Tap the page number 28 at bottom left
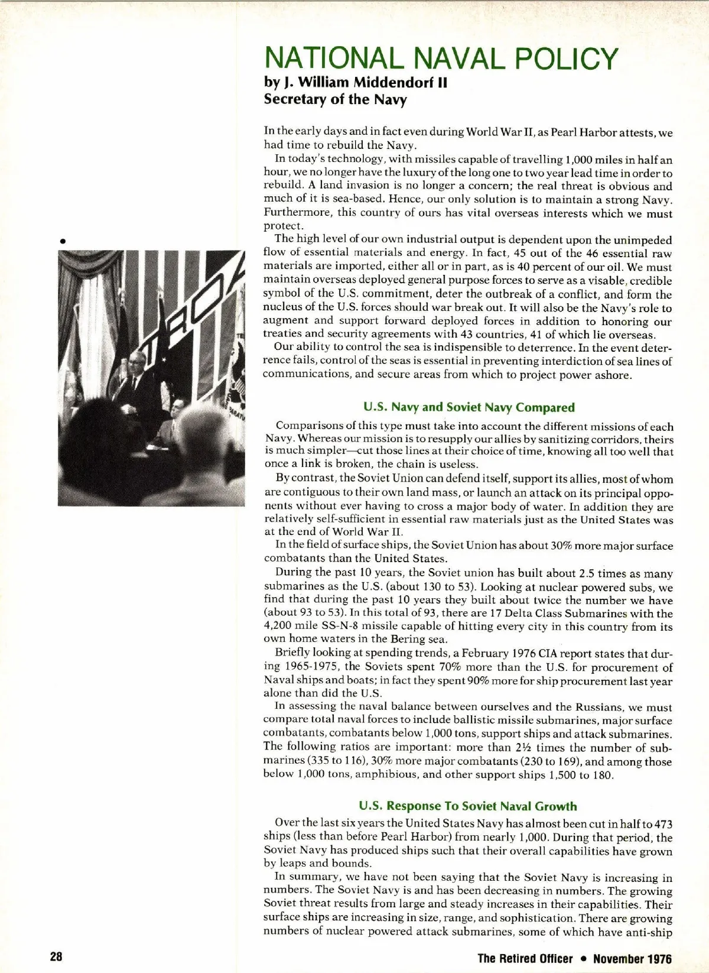click(x=56, y=957)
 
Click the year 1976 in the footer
click(x=656, y=958)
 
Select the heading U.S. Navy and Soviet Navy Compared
click(x=469, y=407)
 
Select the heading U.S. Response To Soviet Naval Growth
click(x=468, y=806)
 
